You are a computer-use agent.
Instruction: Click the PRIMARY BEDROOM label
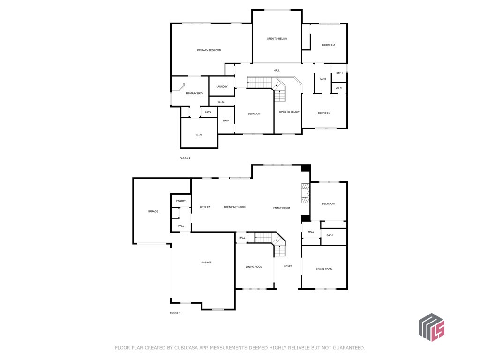point(209,50)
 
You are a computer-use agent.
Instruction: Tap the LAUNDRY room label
point(222,87)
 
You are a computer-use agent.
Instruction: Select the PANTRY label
point(181,201)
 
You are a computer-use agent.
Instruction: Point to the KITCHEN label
point(205,207)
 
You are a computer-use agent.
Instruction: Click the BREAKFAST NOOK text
point(235,207)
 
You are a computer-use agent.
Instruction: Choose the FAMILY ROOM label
point(282,208)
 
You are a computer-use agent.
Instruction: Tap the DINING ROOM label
point(254,267)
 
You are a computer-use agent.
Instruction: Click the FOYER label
point(288,266)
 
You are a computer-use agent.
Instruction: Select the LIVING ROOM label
point(324,269)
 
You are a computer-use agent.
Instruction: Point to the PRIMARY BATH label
point(195,93)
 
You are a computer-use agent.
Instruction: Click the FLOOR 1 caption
point(175,313)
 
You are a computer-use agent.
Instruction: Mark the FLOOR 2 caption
point(185,158)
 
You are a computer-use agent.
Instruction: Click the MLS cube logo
point(432,327)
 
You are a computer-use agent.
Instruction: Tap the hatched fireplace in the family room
point(306,193)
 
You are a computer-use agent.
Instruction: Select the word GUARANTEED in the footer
point(349,348)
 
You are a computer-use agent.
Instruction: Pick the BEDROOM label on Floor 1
point(328,204)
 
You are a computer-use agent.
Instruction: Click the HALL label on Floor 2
point(277,71)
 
